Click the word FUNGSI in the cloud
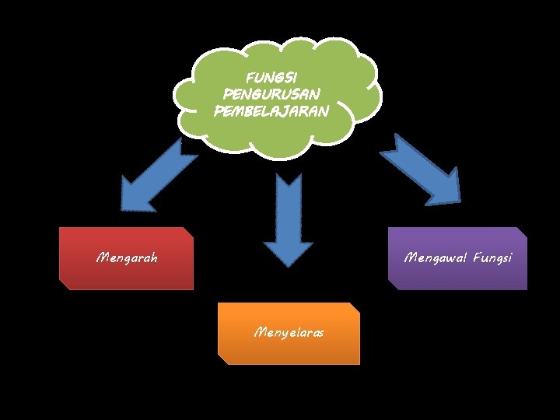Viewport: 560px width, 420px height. [x=270, y=79]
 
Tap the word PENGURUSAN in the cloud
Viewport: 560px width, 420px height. [x=271, y=94]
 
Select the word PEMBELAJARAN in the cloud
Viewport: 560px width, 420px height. [x=271, y=110]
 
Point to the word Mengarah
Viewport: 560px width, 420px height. [x=126, y=257]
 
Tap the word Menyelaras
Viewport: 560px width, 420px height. [x=289, y=333]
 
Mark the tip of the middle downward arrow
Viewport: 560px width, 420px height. [x=289, y=266]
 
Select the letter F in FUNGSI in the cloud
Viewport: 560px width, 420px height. [x=249, y=79]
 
